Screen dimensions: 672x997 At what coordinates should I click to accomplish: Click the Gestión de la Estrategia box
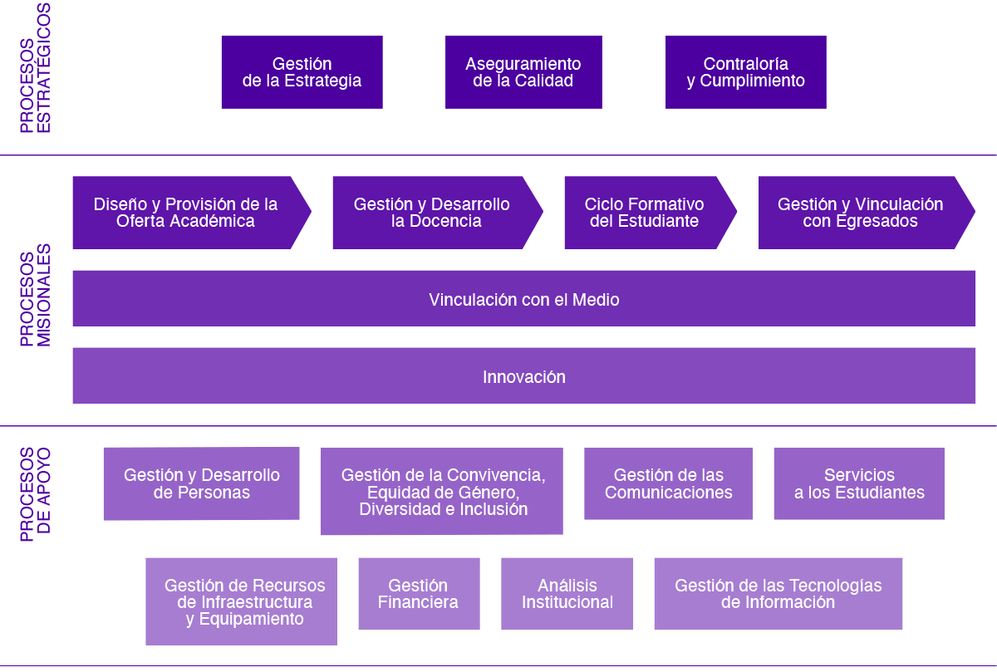(x=302, y=72)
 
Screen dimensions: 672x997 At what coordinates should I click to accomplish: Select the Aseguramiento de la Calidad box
(x=523, y=72)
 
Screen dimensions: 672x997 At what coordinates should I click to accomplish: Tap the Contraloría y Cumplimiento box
(x=745, y=72)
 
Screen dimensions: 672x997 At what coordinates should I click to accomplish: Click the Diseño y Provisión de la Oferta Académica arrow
(x=185, y=213)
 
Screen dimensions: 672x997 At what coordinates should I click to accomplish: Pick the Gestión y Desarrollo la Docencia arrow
(x=432, y=213)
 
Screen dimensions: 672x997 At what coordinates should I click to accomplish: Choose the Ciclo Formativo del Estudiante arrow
(x=645, y=213)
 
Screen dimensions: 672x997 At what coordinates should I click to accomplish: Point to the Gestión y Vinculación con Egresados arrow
(x=861, y=213)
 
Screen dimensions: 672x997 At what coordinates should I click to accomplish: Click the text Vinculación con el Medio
(x=524, y=300)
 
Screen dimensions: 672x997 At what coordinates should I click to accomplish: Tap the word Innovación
(x=524, y=377)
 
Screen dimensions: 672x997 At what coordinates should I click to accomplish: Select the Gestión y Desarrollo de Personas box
(x=201, y=483)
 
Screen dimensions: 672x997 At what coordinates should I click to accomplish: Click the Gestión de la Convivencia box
(x=442, y=491)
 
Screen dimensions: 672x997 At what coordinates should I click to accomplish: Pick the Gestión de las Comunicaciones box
(x=668, y=483)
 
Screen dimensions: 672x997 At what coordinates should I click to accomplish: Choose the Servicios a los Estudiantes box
(x=859, y=483)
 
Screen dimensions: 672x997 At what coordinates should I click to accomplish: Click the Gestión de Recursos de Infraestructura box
(x=242, y=601)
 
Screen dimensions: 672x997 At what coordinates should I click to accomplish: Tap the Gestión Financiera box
(x=419, y=593)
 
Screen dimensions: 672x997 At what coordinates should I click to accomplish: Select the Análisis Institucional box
(x=567, y=593)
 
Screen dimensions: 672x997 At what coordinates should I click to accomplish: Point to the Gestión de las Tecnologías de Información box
(x=778, y=593)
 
